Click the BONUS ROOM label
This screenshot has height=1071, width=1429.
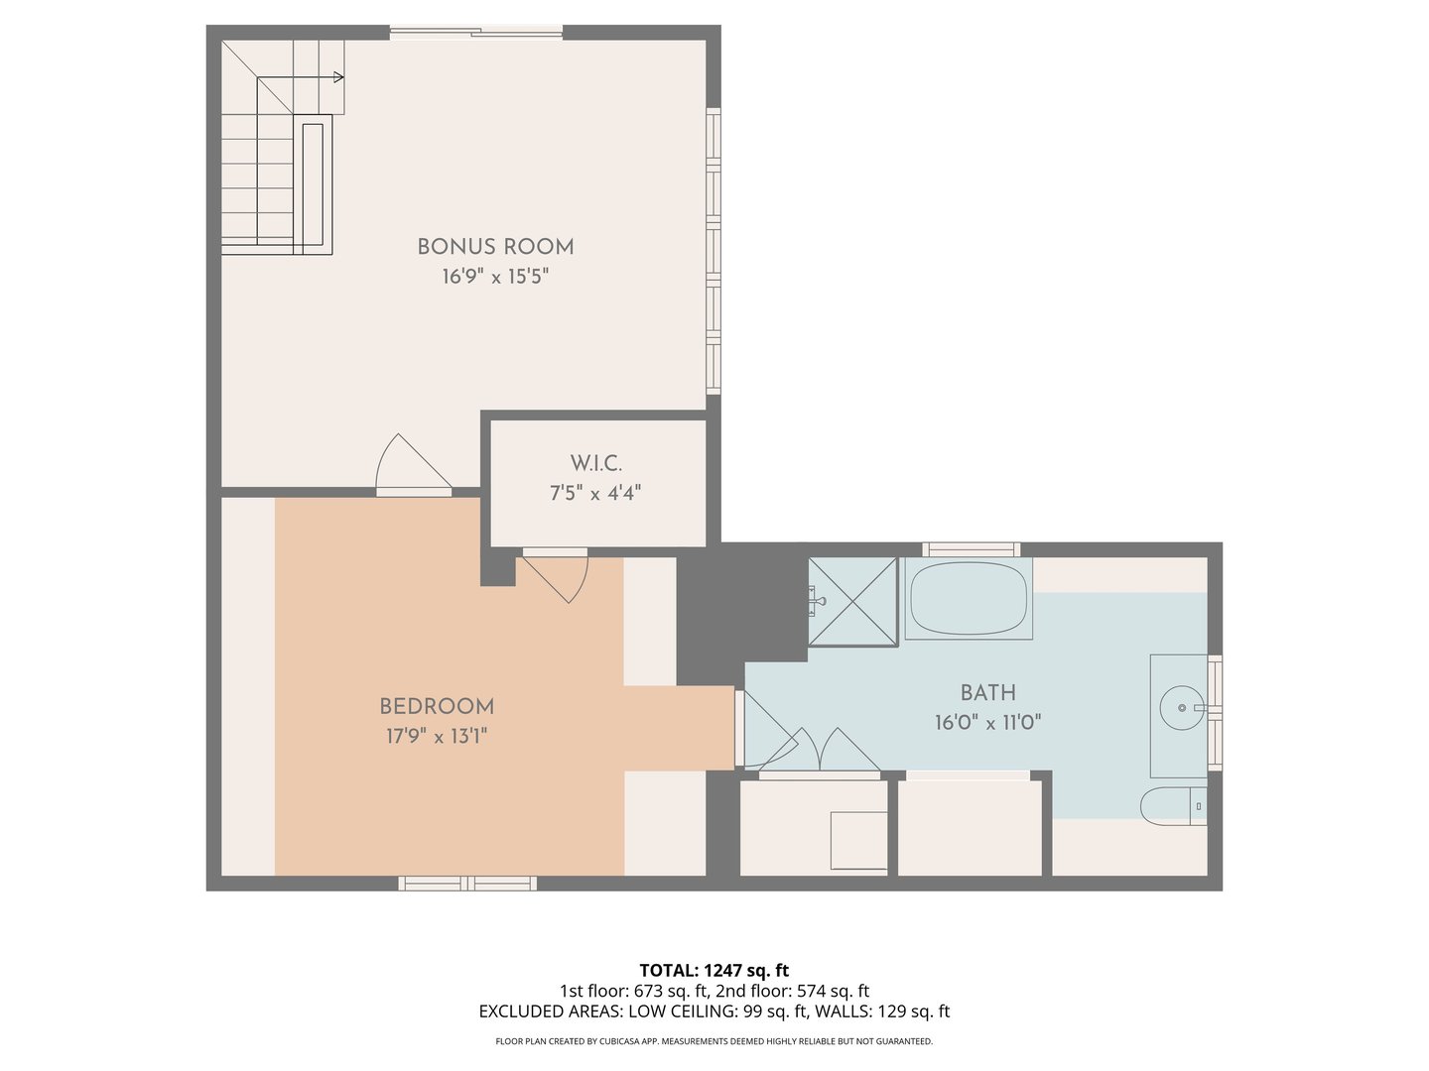495,247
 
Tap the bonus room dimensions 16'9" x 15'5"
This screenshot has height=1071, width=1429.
495,277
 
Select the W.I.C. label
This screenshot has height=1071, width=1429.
595,463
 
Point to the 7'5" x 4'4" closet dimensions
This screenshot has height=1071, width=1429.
595,493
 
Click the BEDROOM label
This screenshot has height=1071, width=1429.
437,707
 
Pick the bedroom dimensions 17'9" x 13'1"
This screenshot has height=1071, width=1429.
437,737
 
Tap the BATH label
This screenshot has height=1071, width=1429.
987,693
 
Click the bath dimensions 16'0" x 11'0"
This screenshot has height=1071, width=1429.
987,723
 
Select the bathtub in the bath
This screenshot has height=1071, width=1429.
968,598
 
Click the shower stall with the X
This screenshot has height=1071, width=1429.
853,601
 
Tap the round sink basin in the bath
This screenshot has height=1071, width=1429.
1181,708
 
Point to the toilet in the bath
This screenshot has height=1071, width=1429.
1171,805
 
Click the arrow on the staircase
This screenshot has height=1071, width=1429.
337,77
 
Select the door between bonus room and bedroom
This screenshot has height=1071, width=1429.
412,466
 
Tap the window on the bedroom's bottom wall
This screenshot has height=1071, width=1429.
467,883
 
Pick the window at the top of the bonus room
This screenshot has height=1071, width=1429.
475,33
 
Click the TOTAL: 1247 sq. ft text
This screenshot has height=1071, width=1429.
714,970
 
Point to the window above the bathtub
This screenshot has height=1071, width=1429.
971,549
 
